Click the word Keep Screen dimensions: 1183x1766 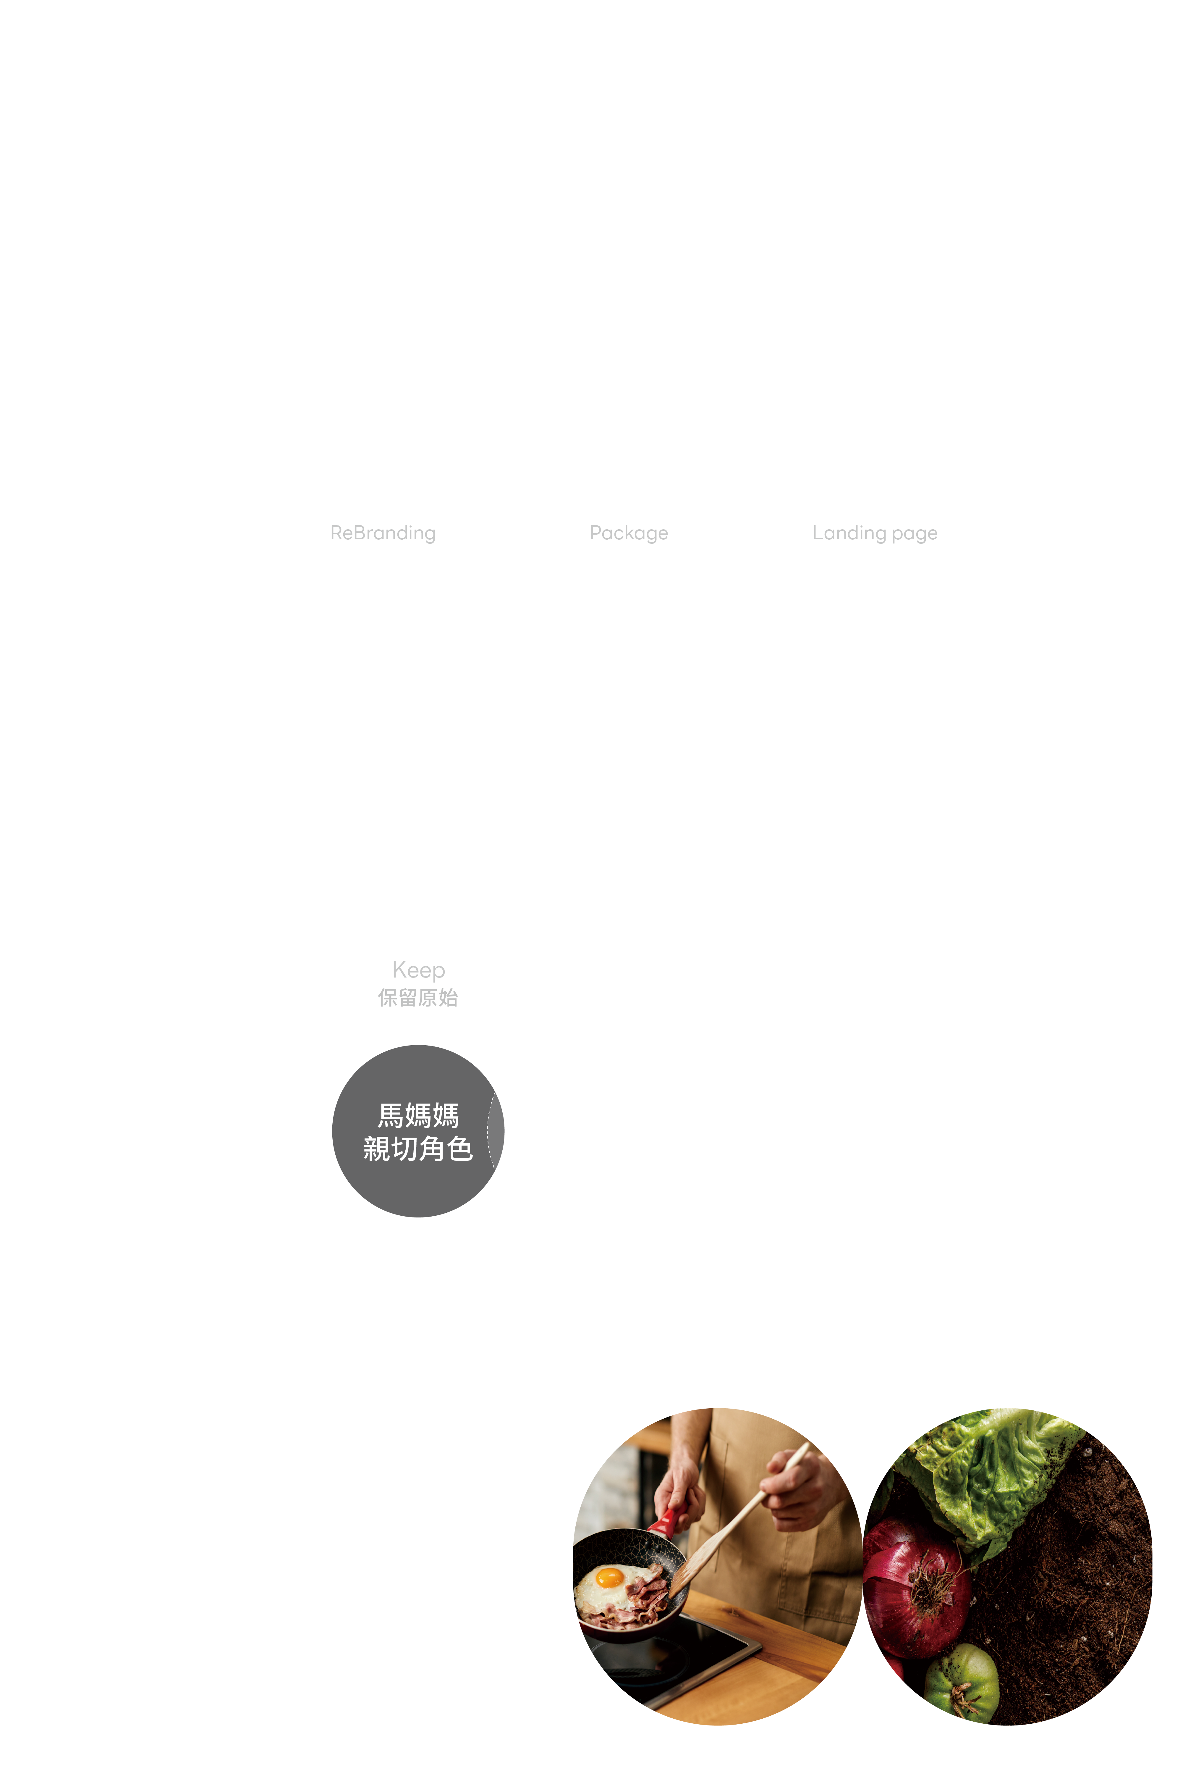[419, 970]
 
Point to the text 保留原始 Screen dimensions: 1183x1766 [418, 998]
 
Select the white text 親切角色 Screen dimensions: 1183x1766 [418, 1149]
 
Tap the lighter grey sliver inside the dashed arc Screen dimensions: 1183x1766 [496, 1130]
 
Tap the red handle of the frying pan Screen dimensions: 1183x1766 [662, 1523]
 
